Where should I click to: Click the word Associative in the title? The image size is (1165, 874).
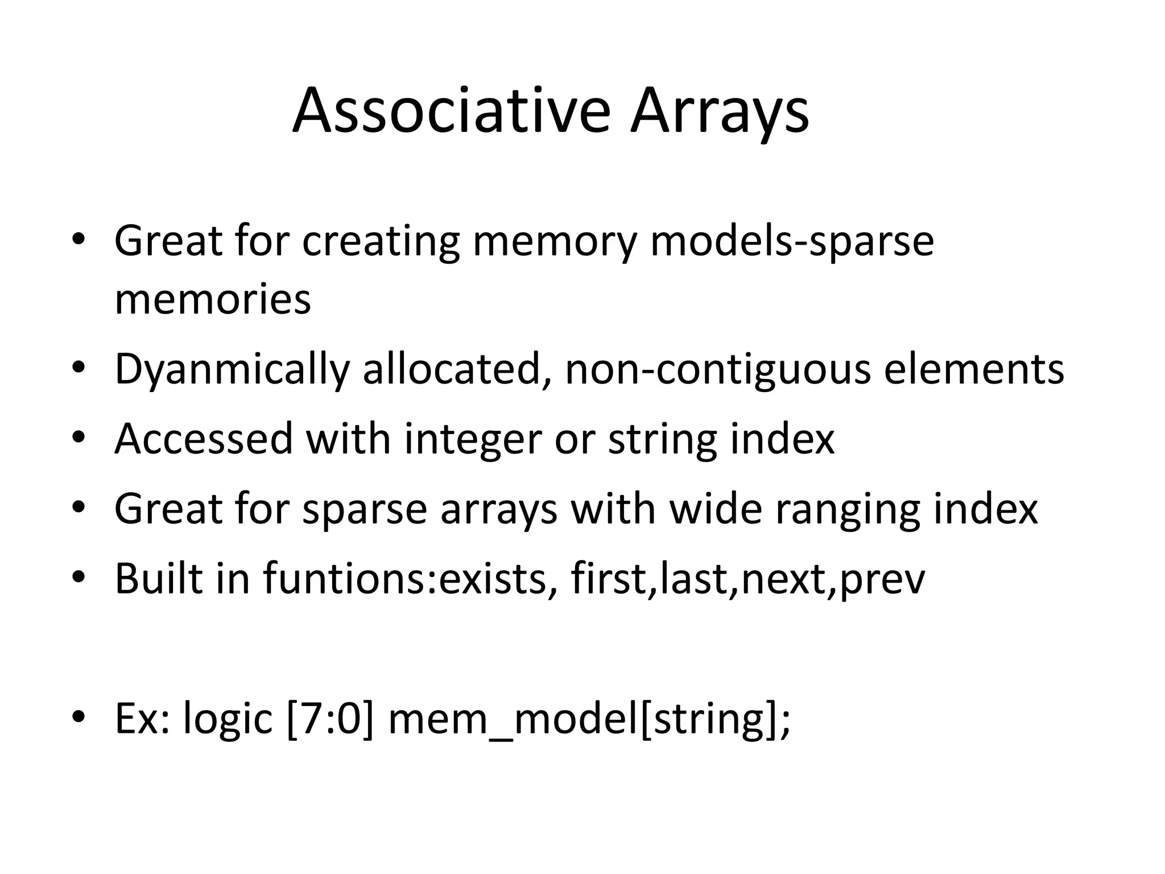451,111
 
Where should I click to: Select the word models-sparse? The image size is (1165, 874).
792,241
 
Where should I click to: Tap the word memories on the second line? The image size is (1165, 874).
212,299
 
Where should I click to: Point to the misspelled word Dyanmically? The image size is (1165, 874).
232,369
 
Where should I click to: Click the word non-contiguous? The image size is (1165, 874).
717,369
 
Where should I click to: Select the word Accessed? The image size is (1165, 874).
204,439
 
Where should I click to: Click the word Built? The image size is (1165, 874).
158,578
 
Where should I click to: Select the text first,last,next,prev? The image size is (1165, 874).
747,579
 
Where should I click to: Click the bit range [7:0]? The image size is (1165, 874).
331,719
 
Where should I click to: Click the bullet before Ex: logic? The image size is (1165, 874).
79,716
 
